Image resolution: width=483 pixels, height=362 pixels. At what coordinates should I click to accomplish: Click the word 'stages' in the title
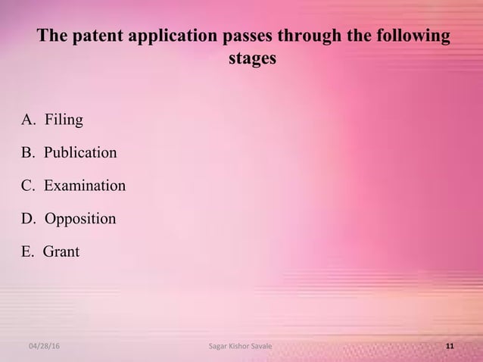point(252,58)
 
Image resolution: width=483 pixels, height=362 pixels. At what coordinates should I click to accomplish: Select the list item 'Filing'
point(64,120)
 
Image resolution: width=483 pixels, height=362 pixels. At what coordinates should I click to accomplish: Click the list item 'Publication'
point(79,153)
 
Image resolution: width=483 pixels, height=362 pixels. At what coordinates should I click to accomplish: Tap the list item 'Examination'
point(84,186)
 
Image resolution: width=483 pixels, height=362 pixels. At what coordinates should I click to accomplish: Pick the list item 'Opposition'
point(79,219)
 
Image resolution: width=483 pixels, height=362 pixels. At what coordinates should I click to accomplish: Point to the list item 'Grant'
point(61,251)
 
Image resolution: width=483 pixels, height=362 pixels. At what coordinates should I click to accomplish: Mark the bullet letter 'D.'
point(29,219)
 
